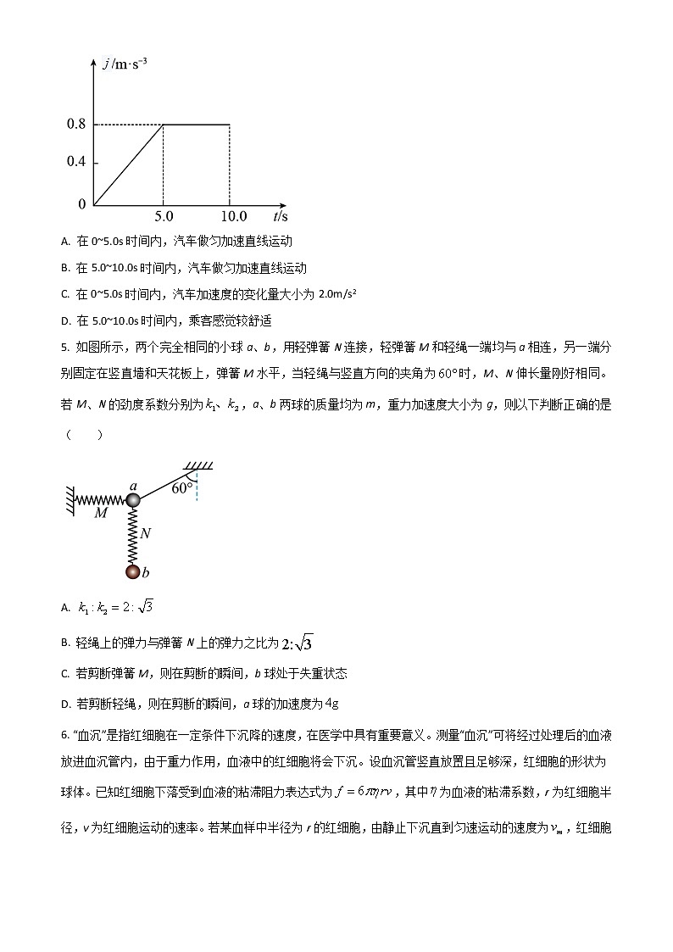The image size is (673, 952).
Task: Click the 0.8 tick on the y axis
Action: point(76,125)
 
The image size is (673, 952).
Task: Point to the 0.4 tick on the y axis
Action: point(76,163)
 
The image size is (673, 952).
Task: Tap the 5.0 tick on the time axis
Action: point(164,217)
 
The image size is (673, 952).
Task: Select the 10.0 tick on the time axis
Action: point(229,217)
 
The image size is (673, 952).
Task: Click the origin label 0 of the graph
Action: point(82,204)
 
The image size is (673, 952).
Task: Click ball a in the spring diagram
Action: point(132,500)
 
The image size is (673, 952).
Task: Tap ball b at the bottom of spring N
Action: point(132,572)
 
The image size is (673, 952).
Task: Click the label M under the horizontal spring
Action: point(101,513)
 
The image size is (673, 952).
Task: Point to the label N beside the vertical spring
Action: point(146,534)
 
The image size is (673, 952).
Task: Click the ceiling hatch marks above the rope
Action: point(198,465)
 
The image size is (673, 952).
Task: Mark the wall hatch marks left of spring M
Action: point(68,499)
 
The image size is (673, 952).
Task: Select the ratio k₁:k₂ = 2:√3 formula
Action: point(115,607)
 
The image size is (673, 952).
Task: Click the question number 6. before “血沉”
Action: point(65,732)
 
